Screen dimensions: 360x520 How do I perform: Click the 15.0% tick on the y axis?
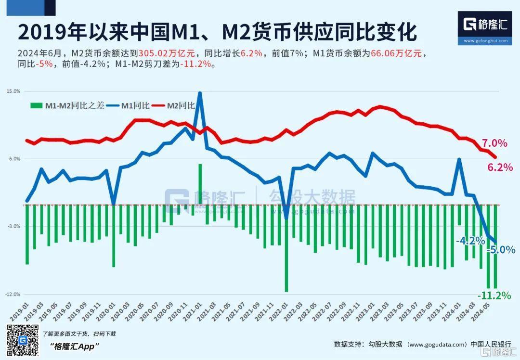13,91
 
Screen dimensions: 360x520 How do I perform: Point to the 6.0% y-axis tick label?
14,159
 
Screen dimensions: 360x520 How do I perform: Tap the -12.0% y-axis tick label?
13,294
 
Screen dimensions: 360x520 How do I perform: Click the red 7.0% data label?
494,143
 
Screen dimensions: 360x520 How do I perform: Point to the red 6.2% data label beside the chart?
500,167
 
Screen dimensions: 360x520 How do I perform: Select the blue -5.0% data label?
501,250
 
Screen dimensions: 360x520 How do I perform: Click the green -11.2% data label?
494,296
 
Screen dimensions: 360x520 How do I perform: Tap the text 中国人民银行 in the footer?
491,344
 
